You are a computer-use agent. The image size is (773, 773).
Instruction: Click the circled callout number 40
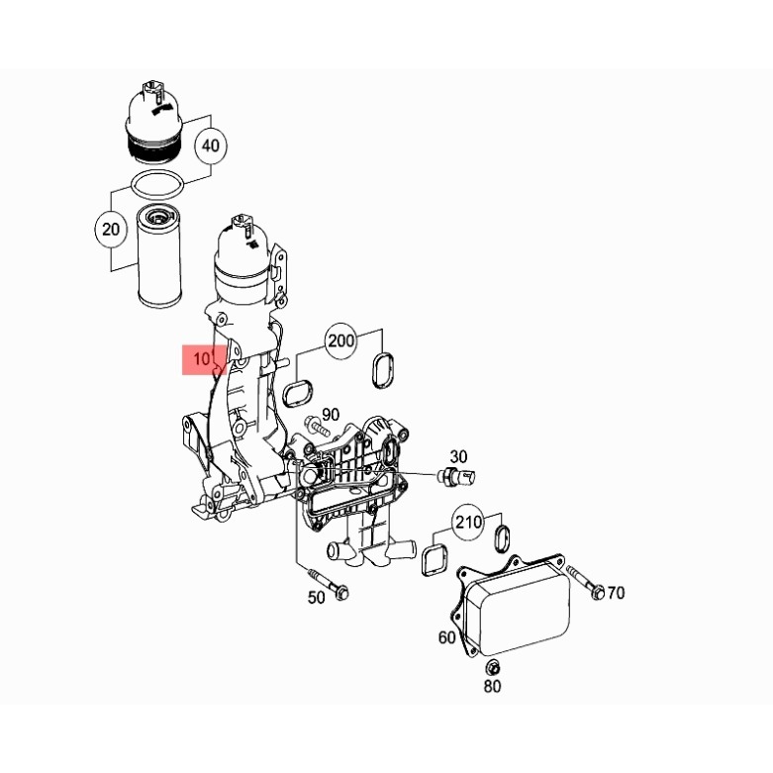tap(210, 145)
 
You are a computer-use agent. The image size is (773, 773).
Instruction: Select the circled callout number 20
tap(111, 231)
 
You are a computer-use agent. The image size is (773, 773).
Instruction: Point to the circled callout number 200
tap(340, 340)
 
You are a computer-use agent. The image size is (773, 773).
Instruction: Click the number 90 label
tap(330, 414)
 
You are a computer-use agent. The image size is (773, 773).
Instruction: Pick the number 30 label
tap(458, 456)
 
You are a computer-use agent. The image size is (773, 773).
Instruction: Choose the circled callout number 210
tap(468, 521)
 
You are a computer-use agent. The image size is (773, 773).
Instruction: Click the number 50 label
tap(317, 597)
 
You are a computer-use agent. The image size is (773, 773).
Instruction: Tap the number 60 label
tap(446, 636)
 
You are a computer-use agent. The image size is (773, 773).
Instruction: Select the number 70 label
tap(616, 593)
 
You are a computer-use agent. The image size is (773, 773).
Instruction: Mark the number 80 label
tap(492, 685)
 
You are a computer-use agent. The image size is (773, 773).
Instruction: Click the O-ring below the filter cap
tap(158, 184)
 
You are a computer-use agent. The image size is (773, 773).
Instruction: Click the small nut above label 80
tap(492, 663)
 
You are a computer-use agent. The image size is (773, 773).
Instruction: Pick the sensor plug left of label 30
tap(458, 479)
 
